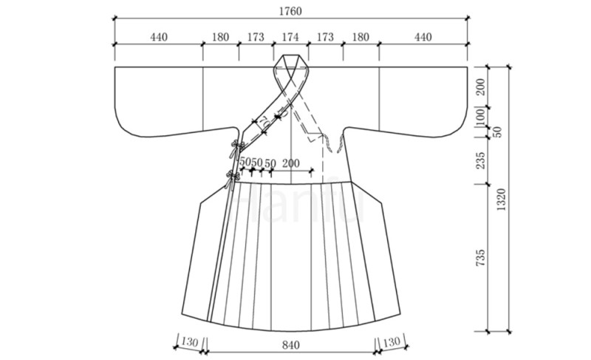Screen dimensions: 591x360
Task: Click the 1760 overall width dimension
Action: (290, 11)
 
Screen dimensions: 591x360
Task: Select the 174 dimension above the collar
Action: (290, 37)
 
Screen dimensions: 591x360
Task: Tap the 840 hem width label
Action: (290, 345)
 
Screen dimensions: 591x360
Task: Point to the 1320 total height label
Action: (501, 200)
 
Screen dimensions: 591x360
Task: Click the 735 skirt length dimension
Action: (480, 258)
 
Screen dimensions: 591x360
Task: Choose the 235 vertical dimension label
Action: (480, 160)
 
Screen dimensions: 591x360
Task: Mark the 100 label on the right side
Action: (480, 118)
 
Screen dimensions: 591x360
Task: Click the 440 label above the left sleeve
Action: (159, 37)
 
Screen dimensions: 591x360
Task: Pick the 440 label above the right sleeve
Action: (423, 37)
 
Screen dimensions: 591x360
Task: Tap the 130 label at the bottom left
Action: (189, 342)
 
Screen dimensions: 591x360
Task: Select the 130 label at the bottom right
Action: (391, 342)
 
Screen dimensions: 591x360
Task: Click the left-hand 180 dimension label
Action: (220, 37)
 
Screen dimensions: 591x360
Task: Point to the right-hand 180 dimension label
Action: (361, 37)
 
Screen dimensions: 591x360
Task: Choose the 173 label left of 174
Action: (256, 37)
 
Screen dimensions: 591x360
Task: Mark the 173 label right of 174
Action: (325, 37)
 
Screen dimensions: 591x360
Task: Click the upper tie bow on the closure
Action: (236, 147)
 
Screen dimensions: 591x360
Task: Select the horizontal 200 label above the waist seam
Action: (290, 163)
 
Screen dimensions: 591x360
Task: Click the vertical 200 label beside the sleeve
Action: (480, 87)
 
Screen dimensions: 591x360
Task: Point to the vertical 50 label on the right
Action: (497, 132)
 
